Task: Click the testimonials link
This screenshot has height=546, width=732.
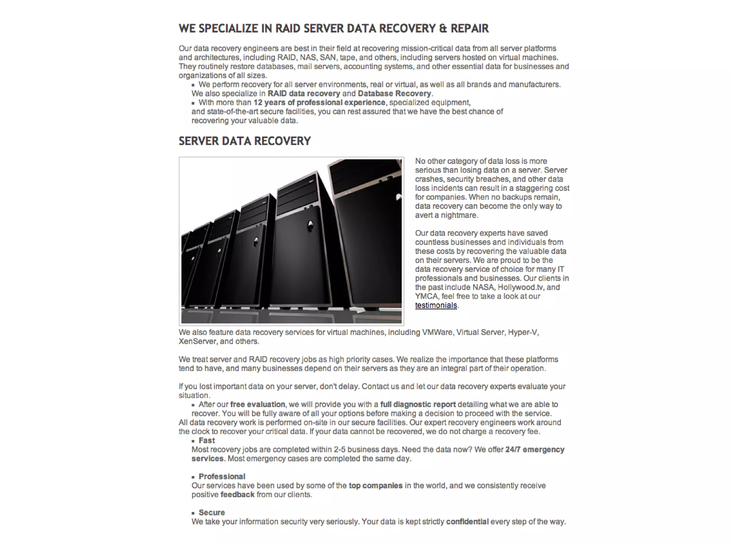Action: [x=436, y=306]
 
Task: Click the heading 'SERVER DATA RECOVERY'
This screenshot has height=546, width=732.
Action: [x=244, y=141]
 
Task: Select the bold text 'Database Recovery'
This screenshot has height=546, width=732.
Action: [x=394, y=94]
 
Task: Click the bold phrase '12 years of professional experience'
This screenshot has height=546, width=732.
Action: [x=319, y=103]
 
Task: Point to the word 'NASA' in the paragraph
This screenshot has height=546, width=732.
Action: [x=484, y=287]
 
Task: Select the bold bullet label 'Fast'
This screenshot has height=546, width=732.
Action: [x=207, y=441]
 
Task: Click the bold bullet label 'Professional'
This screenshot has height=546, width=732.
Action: [x=222, y=477]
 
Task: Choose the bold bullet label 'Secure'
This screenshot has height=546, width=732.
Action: [x=212, y=513]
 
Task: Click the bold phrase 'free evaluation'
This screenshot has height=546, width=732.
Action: [x=257, y=404]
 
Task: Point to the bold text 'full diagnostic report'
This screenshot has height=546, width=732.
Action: [x=418, y=404]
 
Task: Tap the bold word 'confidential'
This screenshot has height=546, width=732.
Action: [x=467, y=522]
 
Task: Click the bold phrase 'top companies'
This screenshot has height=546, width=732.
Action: [x=375, y=486]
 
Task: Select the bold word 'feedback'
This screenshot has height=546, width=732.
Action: [x=237, y=495]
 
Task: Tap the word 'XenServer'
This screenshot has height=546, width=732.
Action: [x=197, y=341]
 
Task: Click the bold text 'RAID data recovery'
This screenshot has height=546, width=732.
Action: [x=304, y=94]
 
